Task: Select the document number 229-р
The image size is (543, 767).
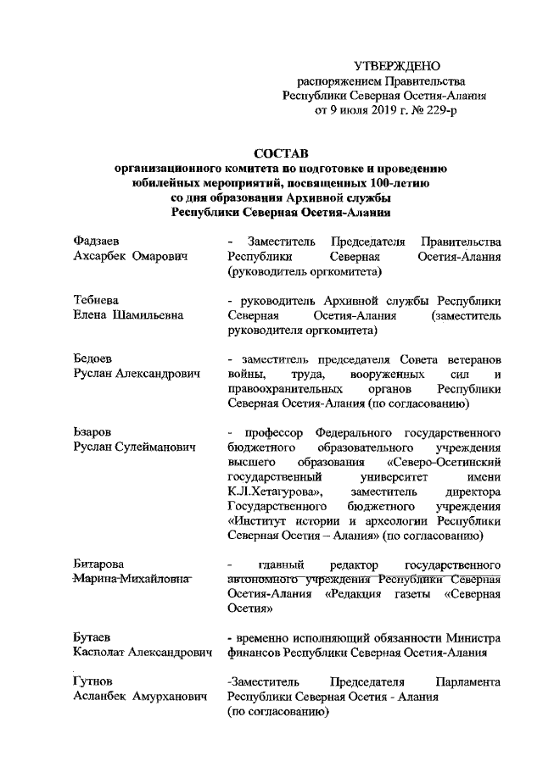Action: [443, 109]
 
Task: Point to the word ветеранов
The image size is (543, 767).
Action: [470, 359]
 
